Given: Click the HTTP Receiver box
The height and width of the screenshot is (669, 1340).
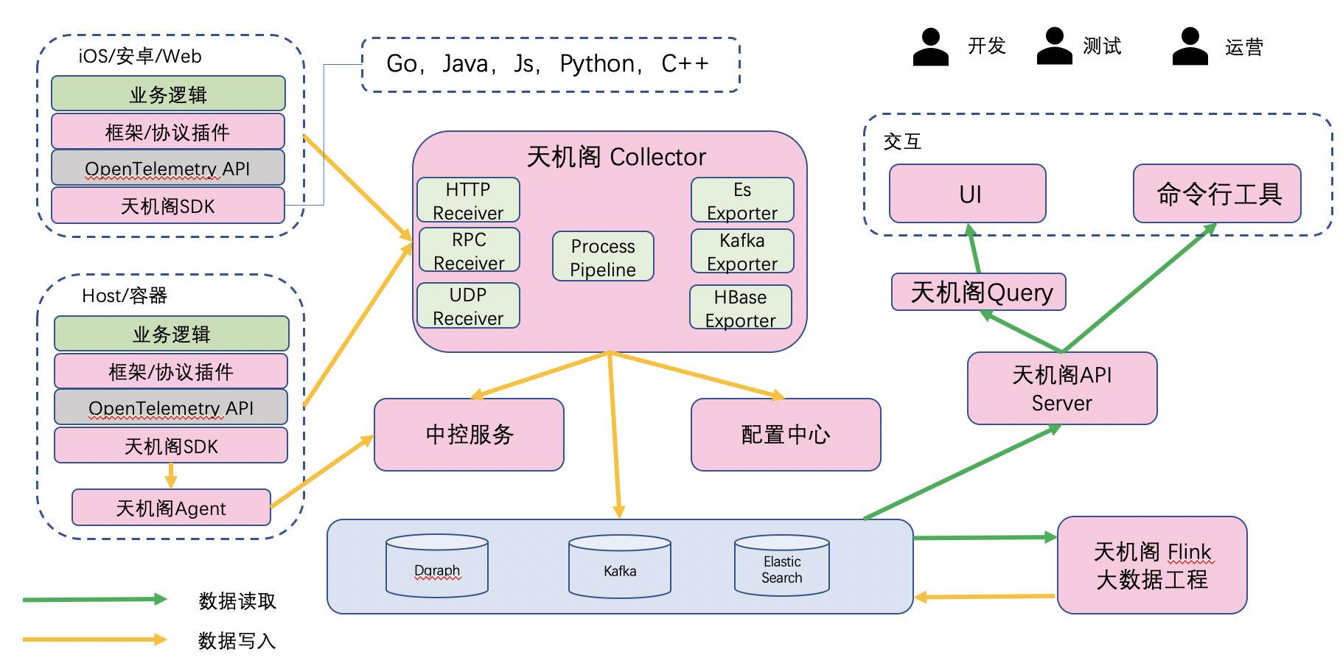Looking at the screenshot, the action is (x=468, y=200).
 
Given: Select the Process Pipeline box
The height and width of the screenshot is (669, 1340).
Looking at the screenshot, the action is (x=603, y=256).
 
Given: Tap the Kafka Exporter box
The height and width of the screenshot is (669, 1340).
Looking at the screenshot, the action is (x=742, y=251).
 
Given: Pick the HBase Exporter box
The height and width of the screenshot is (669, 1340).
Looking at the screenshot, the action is (x=741, y=307).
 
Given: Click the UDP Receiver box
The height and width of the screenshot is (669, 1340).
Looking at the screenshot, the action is (x=468, y=306).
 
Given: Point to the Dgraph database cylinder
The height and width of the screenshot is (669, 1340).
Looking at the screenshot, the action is (x=437, y=566).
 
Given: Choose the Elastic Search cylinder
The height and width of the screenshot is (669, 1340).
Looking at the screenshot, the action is (x=782, y=565).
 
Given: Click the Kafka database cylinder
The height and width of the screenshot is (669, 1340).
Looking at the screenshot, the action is (x=620, y=566).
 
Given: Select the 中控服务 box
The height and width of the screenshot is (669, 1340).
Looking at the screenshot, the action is (x=469, y=435).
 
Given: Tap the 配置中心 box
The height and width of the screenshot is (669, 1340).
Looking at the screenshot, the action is (x=786, y=435).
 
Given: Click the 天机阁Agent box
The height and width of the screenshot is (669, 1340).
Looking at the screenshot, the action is (x=171, y=508).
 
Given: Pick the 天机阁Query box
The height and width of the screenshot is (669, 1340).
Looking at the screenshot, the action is (x=979, y=292).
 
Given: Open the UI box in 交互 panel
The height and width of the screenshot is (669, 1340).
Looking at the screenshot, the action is (x=968, y=194).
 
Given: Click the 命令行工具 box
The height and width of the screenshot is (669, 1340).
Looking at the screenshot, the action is (x=1217, y=194).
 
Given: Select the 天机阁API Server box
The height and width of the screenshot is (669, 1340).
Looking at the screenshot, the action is (x=1062, y=388).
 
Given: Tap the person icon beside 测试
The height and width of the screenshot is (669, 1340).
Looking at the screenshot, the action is (x=1054, y=46).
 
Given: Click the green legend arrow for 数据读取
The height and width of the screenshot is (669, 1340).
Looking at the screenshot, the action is (x=95, y=599).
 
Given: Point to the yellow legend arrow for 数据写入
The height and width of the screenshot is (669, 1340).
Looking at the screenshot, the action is (x=95, y=639).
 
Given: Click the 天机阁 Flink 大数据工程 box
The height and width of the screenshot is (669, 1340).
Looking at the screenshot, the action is (x=1152, y=565).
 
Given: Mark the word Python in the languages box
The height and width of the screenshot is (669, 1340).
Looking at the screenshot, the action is (x=597, y=64).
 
